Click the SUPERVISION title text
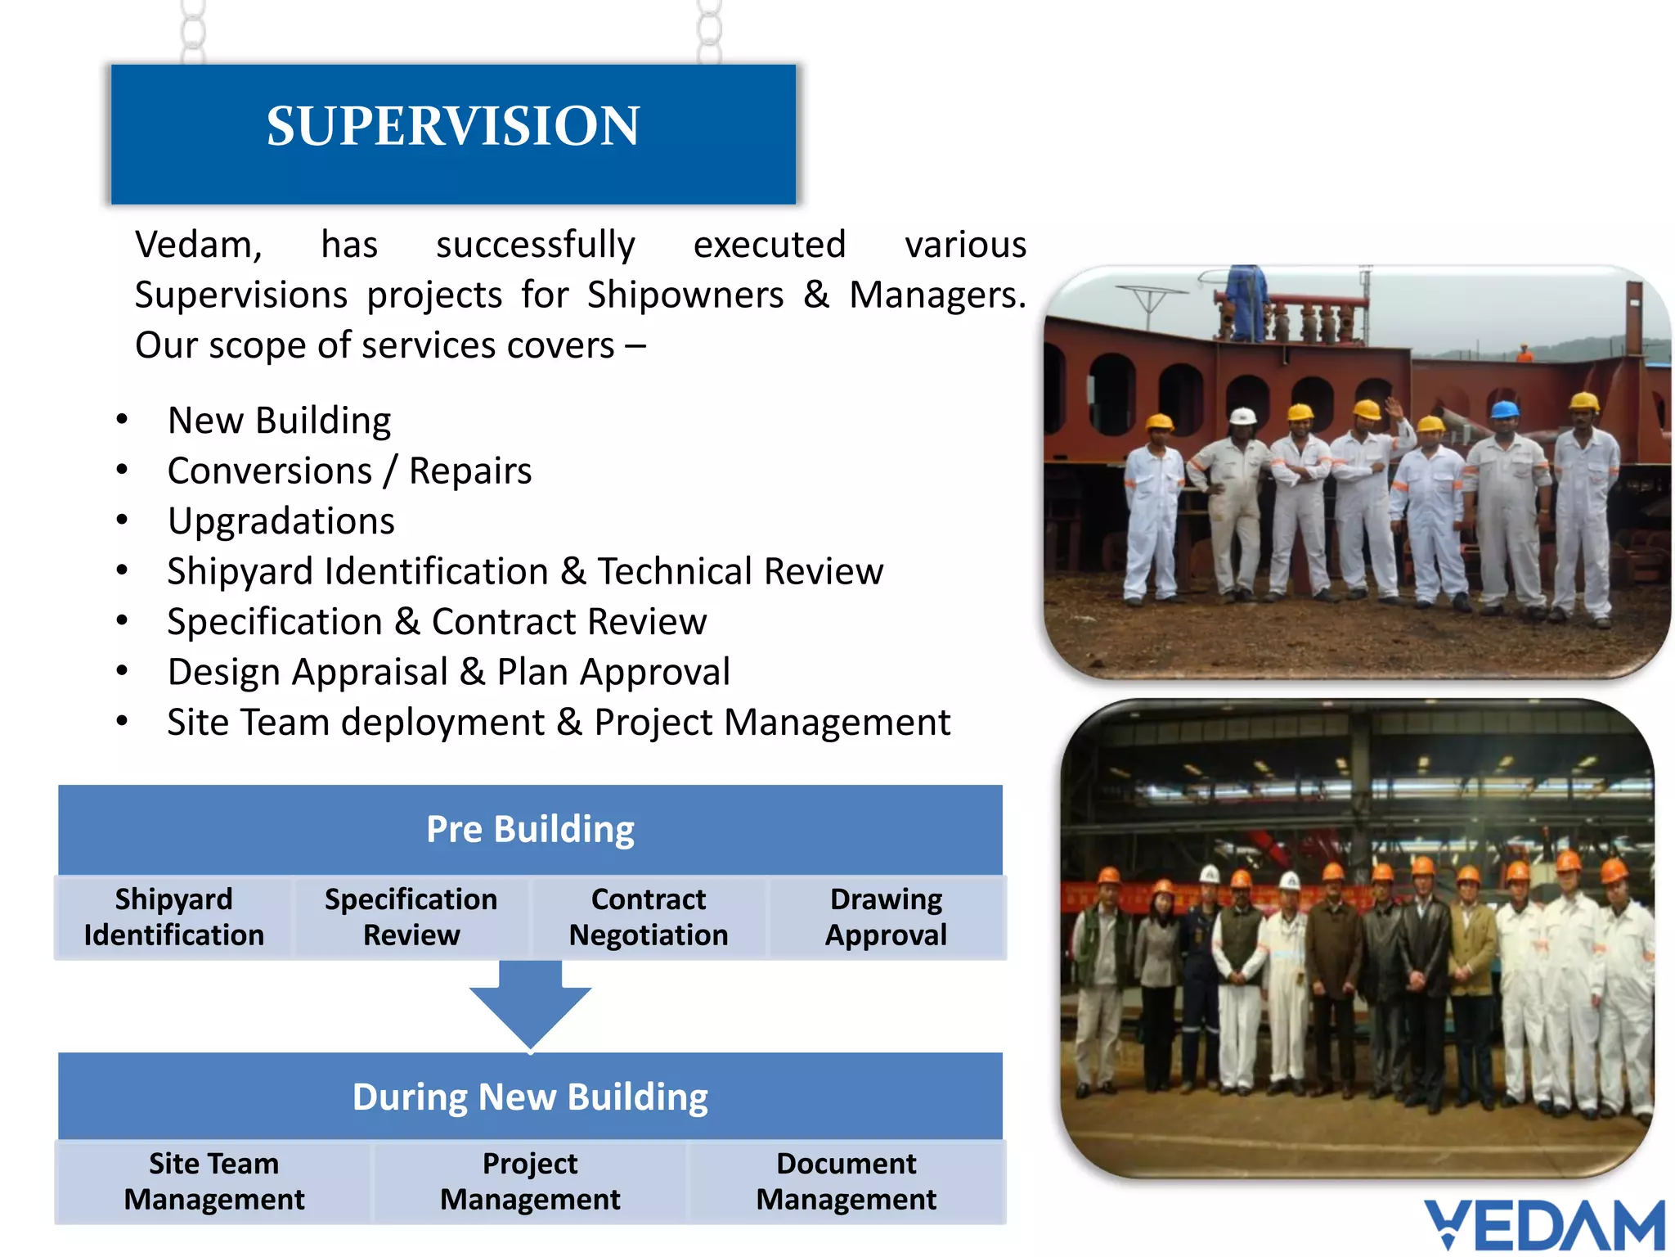pyautogui.click(x=452, y=127)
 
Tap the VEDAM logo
pyautogui.click(x=1544, y=1224)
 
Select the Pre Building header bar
pyautogui.click(x=530, y=829)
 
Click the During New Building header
pyautogui.click(x=530, y=1097)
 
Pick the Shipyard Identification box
pyautogui.click(x=173, y=917)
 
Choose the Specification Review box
pyautogui.click(x=411, y=917)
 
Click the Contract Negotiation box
pyautogui.click(x=649, y=917)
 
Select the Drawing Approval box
pyautogui.click(x=886, y=917)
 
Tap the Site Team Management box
pyautogui.click(x=213, y=1182)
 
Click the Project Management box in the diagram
pyautogui.click(x=530, y=1182)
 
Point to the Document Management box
pyautogui.click(x=846, y=1182)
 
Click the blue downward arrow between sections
pyautogui.click(x=530, y=1007)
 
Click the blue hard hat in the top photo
pyautogui.click(x=1505, y=409)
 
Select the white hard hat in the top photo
pyautogui.click(x=1243, y=416)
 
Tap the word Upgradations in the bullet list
pyautogui.click(x=281, y=521)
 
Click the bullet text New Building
pyautogui.click(x=279, y=421)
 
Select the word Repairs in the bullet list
pyautogui.click(x=470, y=471)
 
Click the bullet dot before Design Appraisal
pyautogui.click(x=122, y=671)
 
